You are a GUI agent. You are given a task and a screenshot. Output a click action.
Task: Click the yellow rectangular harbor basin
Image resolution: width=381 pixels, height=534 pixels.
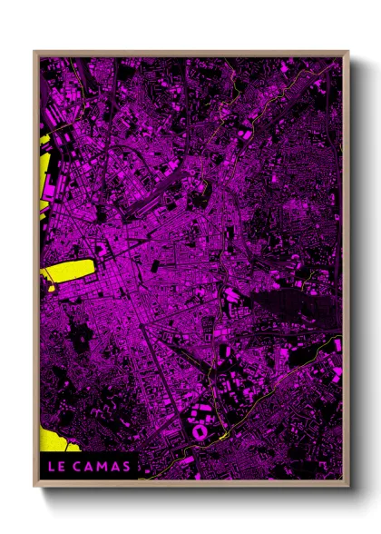(x=69, y=270)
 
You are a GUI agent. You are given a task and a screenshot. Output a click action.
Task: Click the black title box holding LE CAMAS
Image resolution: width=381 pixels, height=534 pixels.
(x=89, y=467)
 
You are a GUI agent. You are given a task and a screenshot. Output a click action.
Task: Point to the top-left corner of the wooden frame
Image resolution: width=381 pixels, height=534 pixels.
(x=34, y=52)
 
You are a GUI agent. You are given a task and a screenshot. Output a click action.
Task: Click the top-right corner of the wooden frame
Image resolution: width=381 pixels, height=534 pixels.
(x=347, y=52)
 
